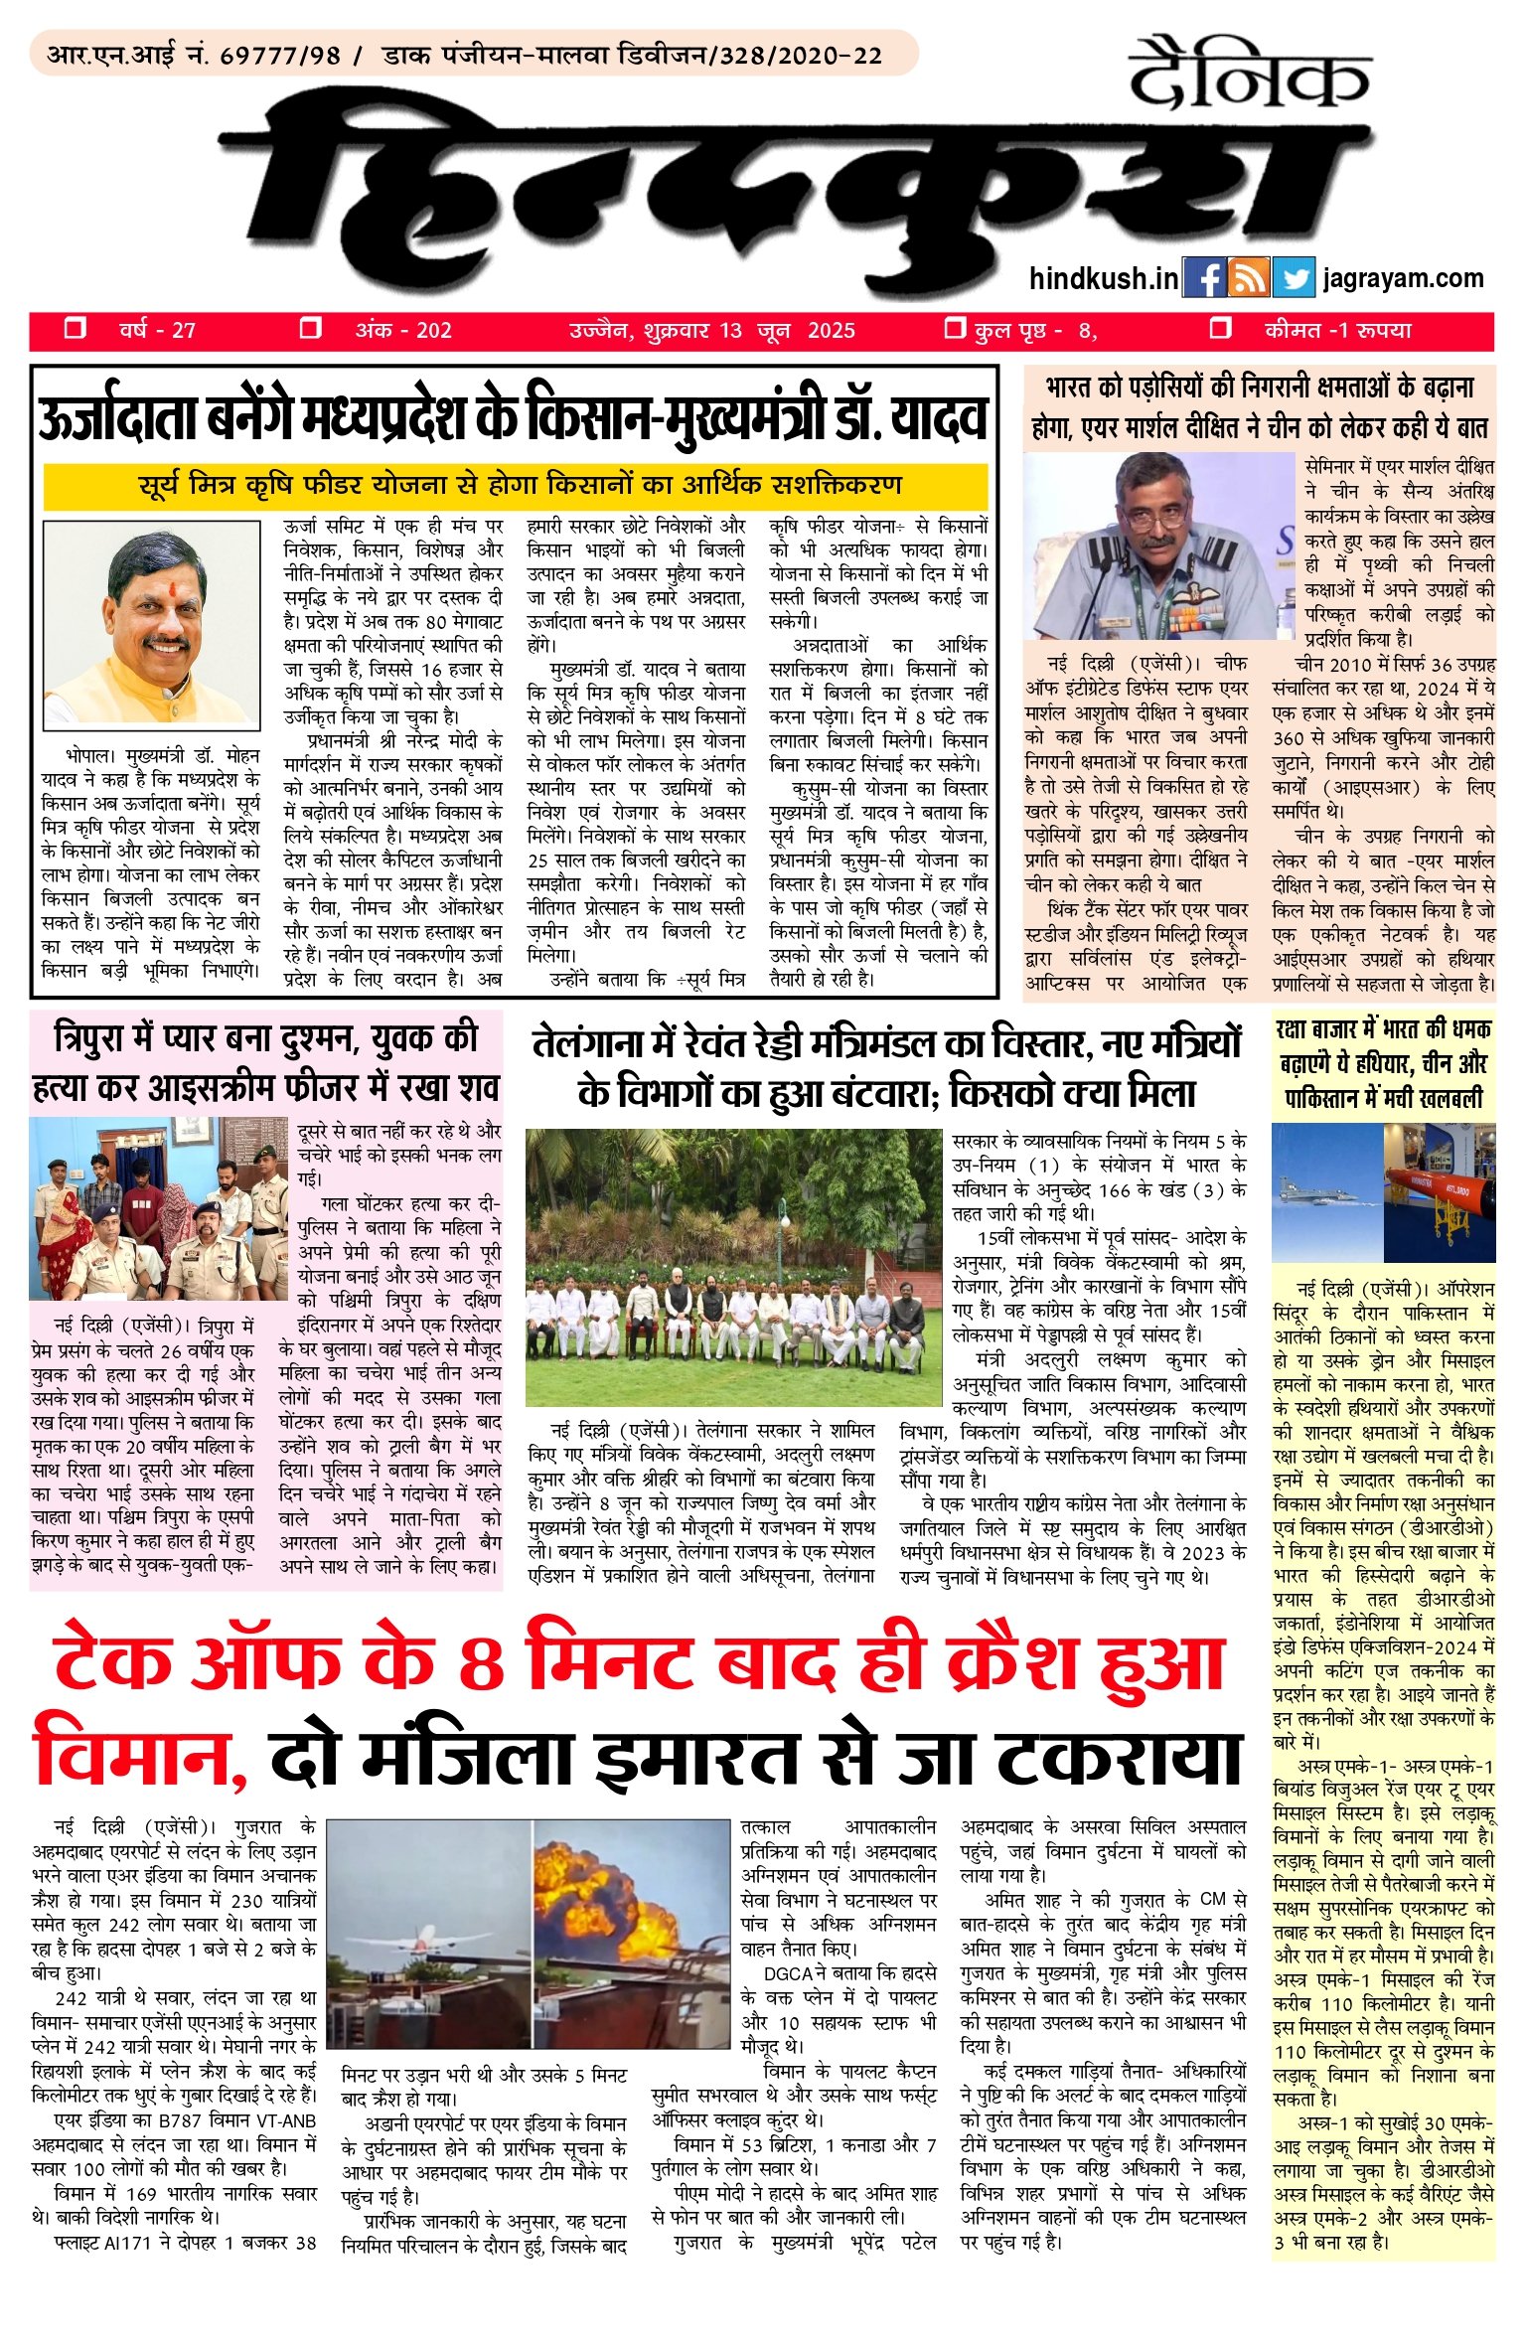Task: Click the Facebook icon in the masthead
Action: tap(1204, 278)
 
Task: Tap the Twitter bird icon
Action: tap(1294, 278)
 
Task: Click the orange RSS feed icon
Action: tap(1249, 278)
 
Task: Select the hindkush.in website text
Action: tap(1104, 279)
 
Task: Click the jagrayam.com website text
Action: tap(1403, 279)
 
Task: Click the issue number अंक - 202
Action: tap(403, 331)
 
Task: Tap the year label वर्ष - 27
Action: tap(157, 331)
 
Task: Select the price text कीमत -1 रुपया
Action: tap(1337, 331)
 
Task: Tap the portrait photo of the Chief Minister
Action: tap(151, 623)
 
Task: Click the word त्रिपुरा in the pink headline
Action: tap(112, 1038)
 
